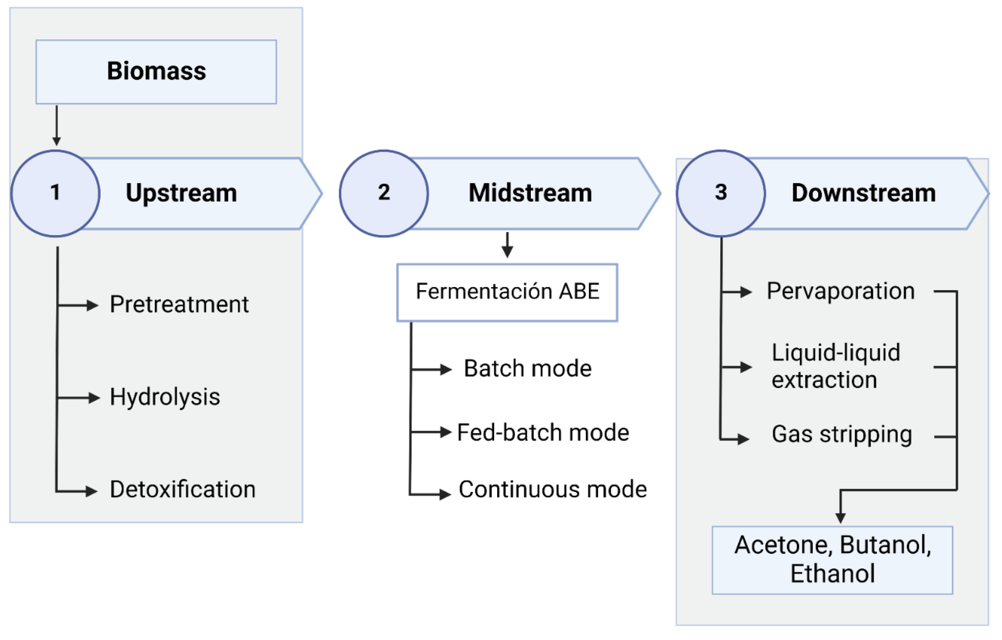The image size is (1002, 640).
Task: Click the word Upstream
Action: [x=181, y=193]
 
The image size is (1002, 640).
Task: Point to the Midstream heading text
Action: [x=530, y=193]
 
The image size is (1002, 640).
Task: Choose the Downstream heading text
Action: [x=863, y=193]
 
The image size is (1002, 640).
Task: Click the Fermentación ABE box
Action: [x=507, y=292]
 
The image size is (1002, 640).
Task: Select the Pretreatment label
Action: [x=179, y=304]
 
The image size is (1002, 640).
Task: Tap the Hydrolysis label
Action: [x=165, y=397]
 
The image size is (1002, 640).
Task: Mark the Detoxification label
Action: [x=183, y=489]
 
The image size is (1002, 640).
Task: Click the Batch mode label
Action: [x=528, y=368]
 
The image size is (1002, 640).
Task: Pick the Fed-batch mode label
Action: [x=543, y=432]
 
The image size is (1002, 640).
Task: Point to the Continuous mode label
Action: [x=552, y=489]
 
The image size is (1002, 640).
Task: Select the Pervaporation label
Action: [x=840, y=291]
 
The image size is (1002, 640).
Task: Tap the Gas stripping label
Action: [x=842, y=435]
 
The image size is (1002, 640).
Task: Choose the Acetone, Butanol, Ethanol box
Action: [x=832, y=560]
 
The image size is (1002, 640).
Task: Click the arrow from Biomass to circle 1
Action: [x=56, y=125]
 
